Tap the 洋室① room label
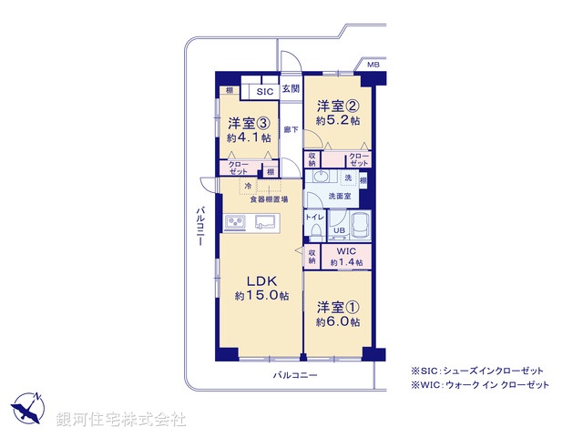coord(338,313)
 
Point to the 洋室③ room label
coord(248,130)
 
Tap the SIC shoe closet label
coord(264,91)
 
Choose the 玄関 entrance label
coord(291,88)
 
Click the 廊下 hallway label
coord(290,129)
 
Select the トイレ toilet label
coord(313,218)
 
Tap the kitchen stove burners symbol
coord(234,222)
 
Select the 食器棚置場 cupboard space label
coord(270,199)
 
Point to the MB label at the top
coord(373,66)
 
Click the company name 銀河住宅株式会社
coord(121,419)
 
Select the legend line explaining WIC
coord(481,386)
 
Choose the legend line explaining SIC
coord(477,370)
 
